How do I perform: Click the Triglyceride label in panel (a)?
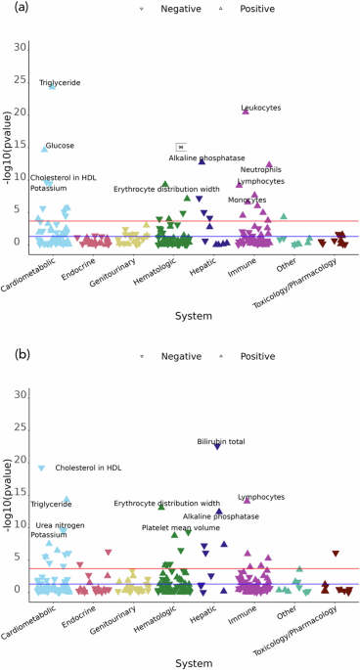(x=60, y=83)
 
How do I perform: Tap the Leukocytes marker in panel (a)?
(x=246, y=112)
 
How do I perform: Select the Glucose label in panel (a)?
(x=60, y=146)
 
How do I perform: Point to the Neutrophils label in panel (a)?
(x=260, y=169)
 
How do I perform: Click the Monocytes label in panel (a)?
(x=247, y=200)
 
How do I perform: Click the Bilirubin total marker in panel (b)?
(x=218, y=447)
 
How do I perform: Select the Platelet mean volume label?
(x=181, y=527)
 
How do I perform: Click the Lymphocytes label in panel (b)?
(x=261, y=498)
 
